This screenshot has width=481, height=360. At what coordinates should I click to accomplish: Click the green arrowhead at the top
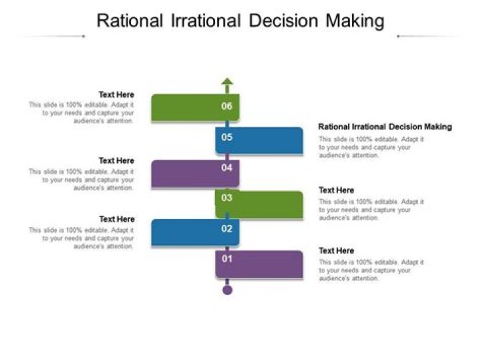click(x=227, y=83)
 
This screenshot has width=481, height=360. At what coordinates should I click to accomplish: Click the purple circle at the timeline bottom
click(x=227, y=290)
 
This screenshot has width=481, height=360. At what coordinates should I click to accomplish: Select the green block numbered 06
click(x=194, y=107)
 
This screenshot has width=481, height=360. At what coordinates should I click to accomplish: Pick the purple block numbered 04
click(x=194, y=172)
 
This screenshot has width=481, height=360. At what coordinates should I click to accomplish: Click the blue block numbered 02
click(x=194, y=231)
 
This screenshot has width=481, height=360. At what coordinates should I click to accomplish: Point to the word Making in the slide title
click(x=355, y=21)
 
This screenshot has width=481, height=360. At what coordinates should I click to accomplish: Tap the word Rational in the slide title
click(x=130, y=21)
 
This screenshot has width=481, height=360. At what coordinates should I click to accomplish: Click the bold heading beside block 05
click(x=385, y=126)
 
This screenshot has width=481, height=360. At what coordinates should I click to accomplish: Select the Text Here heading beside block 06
click(x=116, y=95)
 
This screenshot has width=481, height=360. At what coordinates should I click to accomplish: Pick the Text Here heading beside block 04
click(x=116, y=160)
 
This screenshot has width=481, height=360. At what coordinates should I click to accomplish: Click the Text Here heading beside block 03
click(x=336, y=190)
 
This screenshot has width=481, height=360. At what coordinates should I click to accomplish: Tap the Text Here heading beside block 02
click(x=116, y=219)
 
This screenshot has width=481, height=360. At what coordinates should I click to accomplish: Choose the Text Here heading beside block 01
click(x=336, y=250)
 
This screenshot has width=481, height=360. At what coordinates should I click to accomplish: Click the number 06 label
click(x=227, y=106)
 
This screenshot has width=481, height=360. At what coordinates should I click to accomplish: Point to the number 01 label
click(x=227, y=258)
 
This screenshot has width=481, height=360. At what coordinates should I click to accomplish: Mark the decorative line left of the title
click(x=50, y=36)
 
